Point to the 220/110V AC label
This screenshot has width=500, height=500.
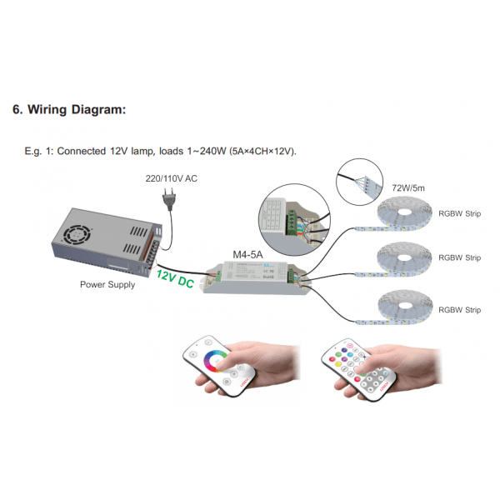pos(171,178)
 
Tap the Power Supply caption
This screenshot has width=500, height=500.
pos(106,284)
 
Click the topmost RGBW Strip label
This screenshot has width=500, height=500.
pos(459,212)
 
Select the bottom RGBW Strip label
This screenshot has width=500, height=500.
pos(459,309)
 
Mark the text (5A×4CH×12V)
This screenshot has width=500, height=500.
pos(262,152)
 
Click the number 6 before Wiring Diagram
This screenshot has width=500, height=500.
pos(17,110)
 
